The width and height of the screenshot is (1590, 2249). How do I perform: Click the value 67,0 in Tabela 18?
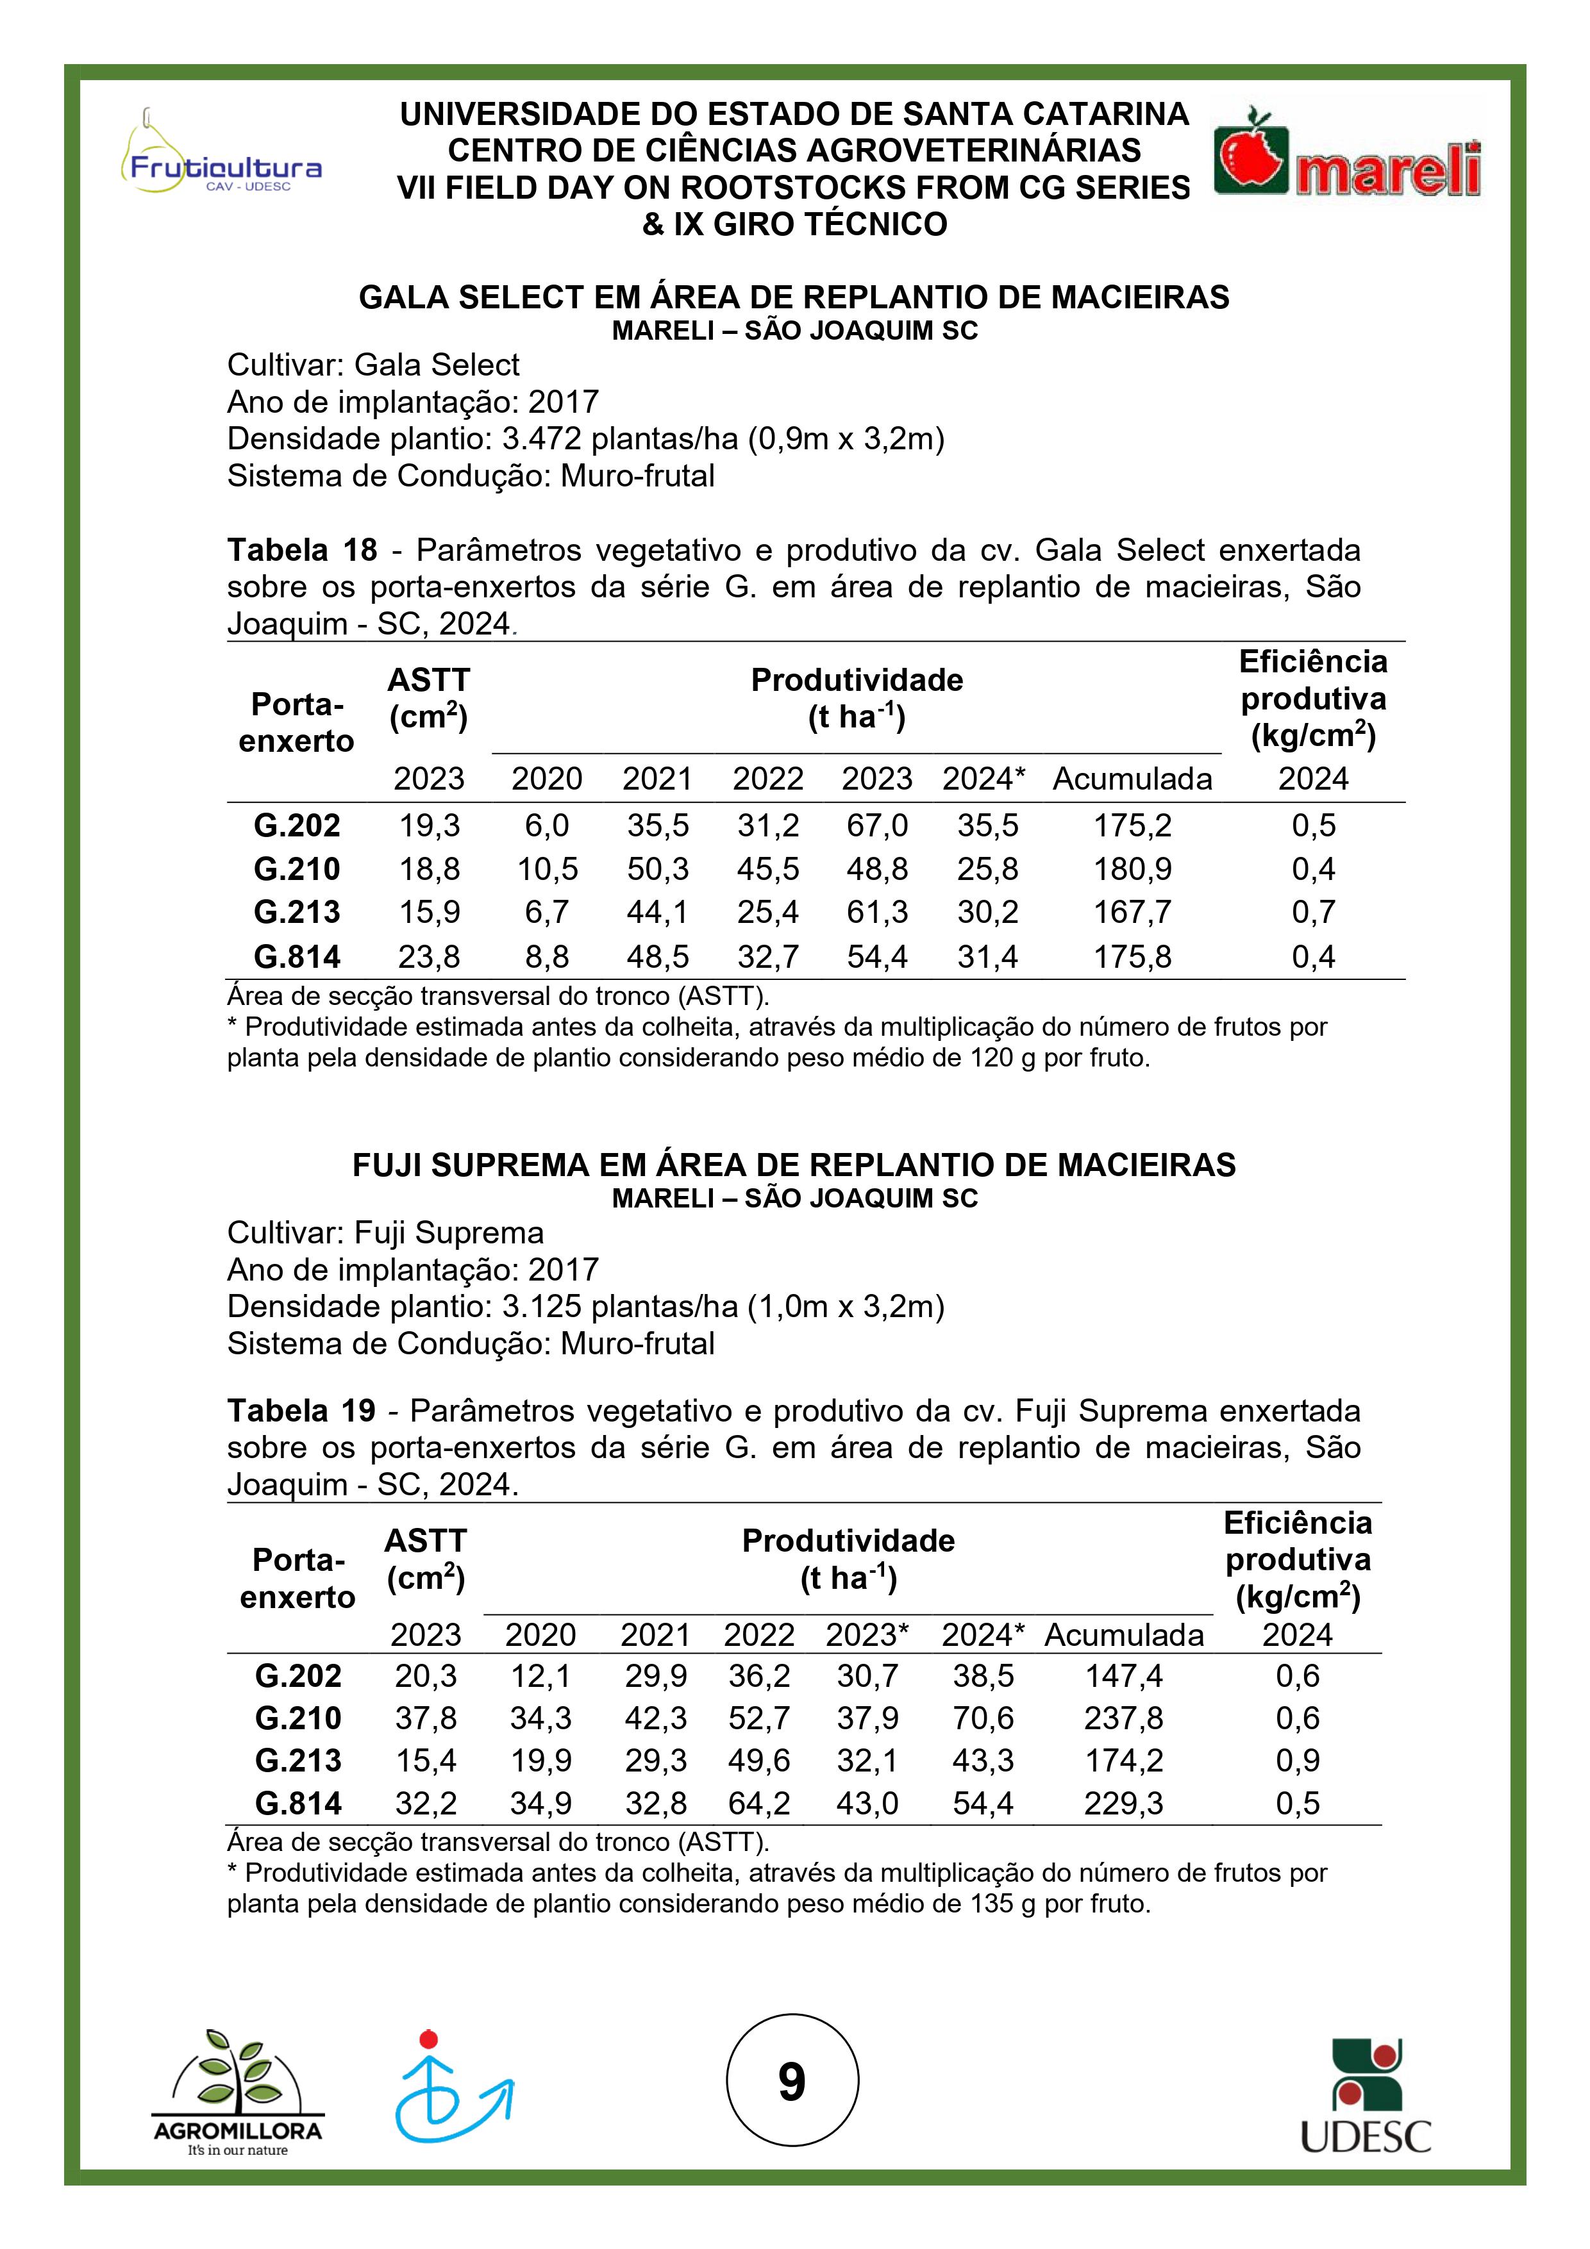877,826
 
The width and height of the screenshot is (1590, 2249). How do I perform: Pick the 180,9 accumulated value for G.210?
1132,869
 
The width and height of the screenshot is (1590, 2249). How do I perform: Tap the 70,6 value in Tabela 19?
983,1718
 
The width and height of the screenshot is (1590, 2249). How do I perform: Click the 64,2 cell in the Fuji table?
758,1804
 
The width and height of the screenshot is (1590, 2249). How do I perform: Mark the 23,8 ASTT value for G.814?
429,956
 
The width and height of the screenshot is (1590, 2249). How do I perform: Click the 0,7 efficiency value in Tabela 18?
1313,912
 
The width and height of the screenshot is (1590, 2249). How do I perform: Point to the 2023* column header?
867,1635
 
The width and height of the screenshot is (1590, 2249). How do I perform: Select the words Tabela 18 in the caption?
302,551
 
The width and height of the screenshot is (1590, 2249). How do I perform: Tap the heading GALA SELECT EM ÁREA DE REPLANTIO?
794,298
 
